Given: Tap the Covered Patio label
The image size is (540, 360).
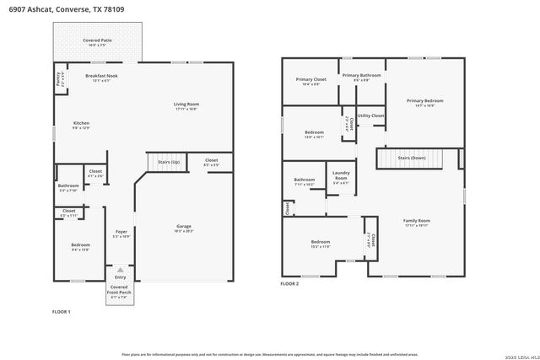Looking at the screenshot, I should click(x=96, y=40).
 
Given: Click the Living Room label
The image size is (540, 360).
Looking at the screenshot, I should click(x=186, y=105).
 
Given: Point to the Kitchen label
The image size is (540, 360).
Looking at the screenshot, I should click(x=81, y=123).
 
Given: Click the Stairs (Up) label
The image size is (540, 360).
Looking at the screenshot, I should click(x=159, y=159).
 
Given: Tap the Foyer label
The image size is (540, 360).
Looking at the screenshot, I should click(x=121, y=231).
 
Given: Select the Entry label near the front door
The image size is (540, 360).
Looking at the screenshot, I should click(x=121, y=277).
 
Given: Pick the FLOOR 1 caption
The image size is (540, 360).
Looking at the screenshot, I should click(x=62, y=312).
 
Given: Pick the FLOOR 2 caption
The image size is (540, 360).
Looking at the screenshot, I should click(x=289, y=284).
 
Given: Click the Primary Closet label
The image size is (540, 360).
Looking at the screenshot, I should click(x=310, y=80).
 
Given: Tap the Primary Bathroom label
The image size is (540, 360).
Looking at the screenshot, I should click(x=362, y=76).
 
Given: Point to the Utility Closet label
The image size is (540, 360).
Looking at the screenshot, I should click(x=370, y=116).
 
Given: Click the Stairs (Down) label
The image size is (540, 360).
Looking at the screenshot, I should click(x=412, y=158).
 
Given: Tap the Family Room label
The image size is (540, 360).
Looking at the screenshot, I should click(x=417, y=221).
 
